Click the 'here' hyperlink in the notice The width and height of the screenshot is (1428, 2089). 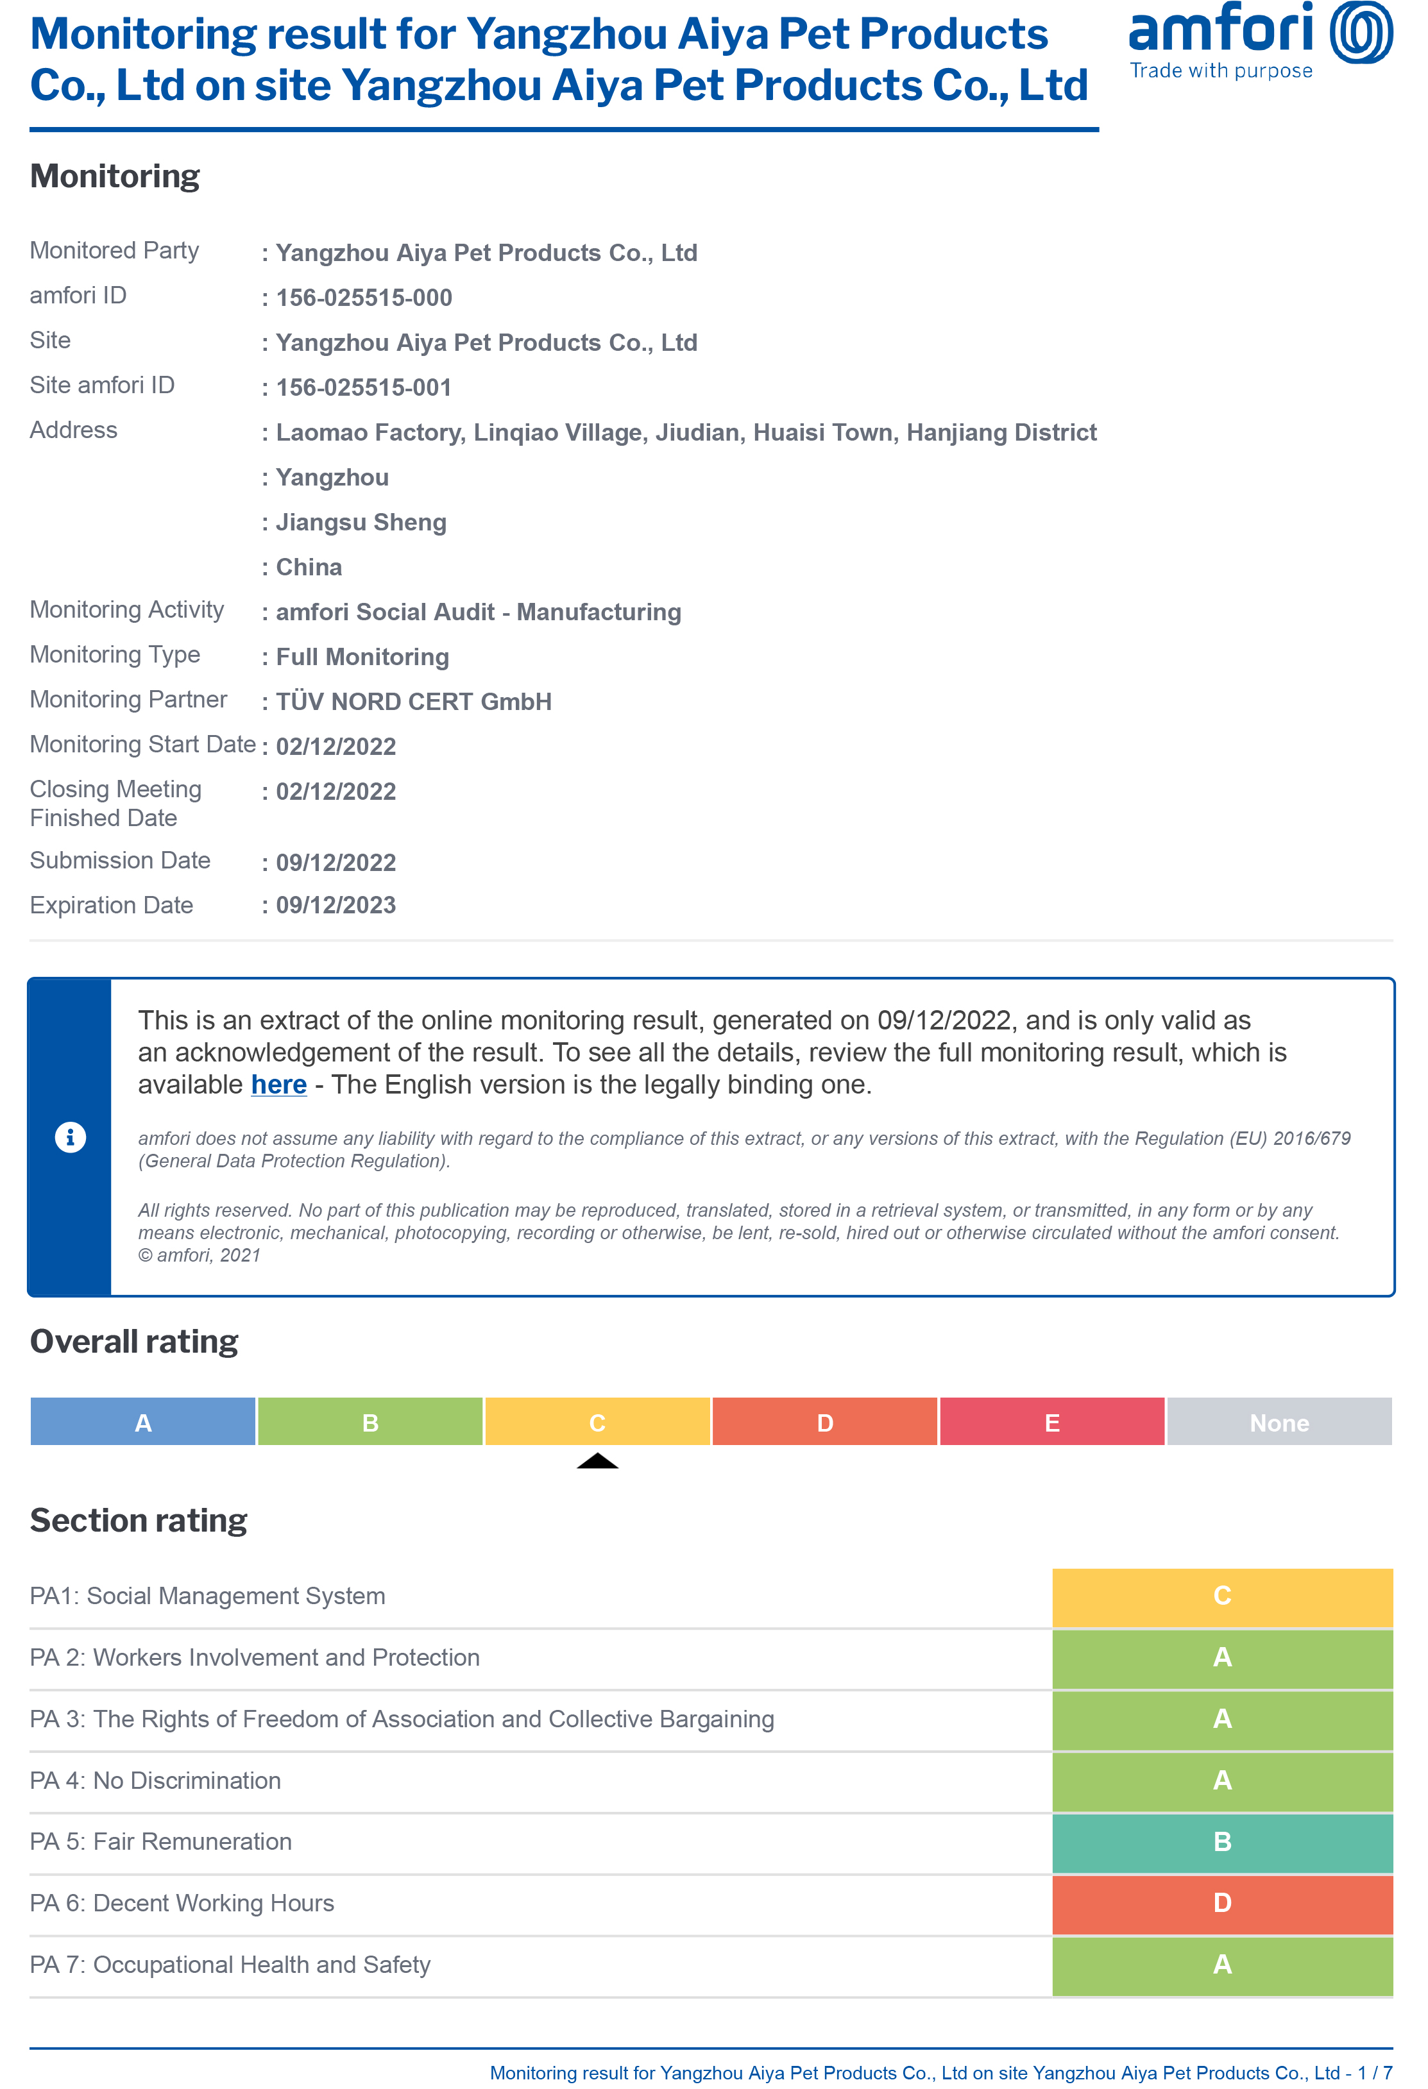[x=279, y=1085]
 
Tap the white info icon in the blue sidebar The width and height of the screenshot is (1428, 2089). [x=70, y=1137]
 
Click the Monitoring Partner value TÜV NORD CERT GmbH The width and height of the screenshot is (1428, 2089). [x=414, y=702]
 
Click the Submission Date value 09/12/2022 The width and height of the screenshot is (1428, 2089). [x=336, y=863]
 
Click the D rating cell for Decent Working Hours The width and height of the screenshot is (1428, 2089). [x=1222, y=1903]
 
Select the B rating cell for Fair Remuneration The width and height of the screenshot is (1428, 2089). [x=1222, y=1842]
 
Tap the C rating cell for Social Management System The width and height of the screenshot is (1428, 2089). [x=1222, y=1596]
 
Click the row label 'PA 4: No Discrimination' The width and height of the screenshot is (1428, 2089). [x=156, y=1780]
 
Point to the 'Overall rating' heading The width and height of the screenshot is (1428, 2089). [x=134, y=1341]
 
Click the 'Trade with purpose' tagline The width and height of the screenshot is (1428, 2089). [x=1220, y=71]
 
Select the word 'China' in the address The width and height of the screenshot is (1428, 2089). [x=309, y=567]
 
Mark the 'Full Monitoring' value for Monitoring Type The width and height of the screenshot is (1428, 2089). [x=362, y=657]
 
